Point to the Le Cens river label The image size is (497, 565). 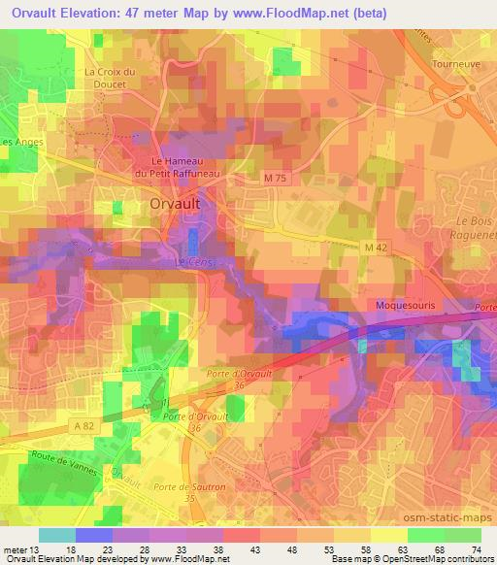pyautogui.click(x=191, y=263)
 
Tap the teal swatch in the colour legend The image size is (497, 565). pyautogui.click(x=56, y=536)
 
